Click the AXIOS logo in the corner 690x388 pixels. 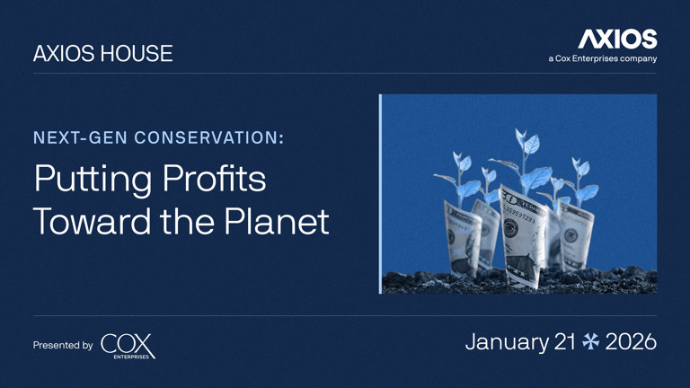tap(617, 39)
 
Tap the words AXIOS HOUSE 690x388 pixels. tap(102, 54)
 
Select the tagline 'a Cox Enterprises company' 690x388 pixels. tap(602, 59)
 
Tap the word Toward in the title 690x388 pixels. tap(87, 221)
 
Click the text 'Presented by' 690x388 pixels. tap(63, 345)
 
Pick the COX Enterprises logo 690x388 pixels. tap(128, 346)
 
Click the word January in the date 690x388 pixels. tap(506, 342)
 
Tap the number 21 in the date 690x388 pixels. tap(565, 342)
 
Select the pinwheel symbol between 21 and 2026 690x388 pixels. tap(591, 342)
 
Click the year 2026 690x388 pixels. tap(631, 342)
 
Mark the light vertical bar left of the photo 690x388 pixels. tap(381, 193)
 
